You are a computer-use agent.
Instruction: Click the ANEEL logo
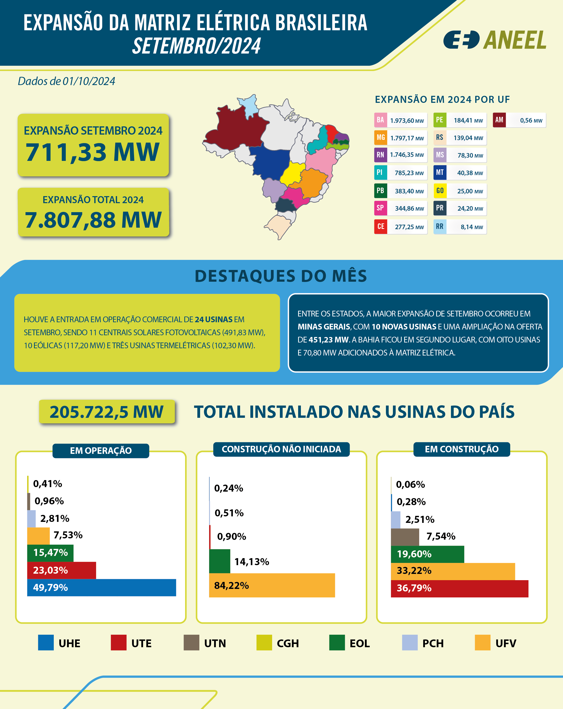click(495, 40)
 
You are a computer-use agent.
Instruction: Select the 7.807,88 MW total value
click(93, 220)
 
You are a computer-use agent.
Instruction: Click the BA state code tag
click(380, 120)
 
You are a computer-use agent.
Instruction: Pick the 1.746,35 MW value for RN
click(407, 155)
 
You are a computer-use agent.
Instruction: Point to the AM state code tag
click(499, 120)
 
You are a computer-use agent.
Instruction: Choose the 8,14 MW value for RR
click(471, 227)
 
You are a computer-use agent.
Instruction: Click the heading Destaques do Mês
click(281, 276)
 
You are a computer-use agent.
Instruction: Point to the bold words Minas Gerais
click(324, 326)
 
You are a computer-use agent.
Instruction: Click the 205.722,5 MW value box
click(107, 412)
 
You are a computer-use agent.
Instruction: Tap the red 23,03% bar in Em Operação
click(62, 570)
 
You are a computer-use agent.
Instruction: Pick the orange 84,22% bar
click(272, 585)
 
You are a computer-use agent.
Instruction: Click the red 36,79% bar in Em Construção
click(459, 588)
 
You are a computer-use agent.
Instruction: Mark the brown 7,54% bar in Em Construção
click(405, 537)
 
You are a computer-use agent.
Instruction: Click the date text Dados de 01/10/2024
click(67, 81)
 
